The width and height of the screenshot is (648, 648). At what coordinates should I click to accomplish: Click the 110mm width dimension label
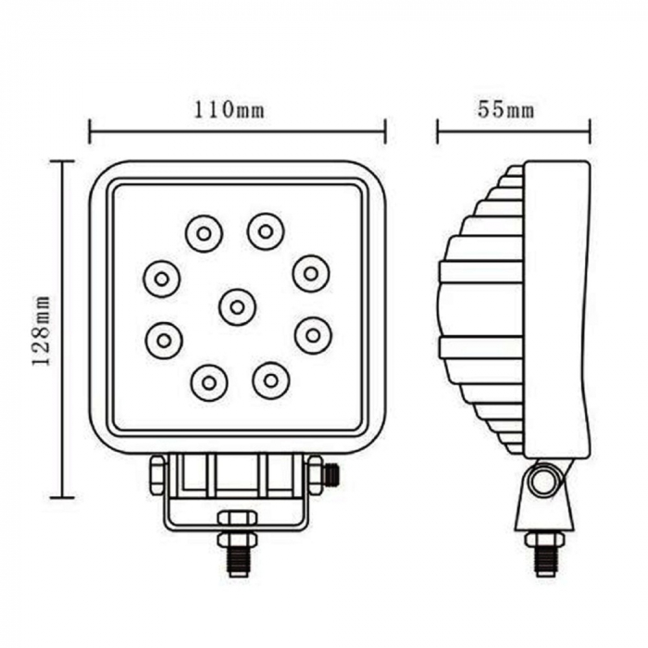[229, 110]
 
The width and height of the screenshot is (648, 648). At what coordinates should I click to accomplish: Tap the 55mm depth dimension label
[505, 110]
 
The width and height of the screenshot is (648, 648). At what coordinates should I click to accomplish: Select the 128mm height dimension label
[41, 330]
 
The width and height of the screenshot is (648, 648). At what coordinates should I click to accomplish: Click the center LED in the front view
[238, 306]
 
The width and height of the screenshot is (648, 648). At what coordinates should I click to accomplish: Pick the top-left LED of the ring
[204, 233]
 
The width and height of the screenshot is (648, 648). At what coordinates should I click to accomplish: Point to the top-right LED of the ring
[266, 231]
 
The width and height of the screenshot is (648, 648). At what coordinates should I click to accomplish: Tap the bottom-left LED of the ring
[209, 381]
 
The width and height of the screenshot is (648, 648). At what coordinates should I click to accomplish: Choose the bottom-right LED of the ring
[271, 380]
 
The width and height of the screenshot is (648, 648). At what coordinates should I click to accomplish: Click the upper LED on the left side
[161, 277]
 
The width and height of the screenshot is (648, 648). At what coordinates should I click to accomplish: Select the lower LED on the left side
[164, 340]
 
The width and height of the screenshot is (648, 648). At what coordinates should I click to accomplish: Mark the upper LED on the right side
[311, 272]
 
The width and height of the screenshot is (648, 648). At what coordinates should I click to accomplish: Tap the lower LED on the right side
[313, 335]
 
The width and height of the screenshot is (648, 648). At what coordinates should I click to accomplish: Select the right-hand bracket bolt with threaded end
[324, 476]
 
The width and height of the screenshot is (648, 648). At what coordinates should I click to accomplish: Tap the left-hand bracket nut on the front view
[157, 474]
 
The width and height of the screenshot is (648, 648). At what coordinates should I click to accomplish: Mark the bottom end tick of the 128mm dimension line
[61, 498]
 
